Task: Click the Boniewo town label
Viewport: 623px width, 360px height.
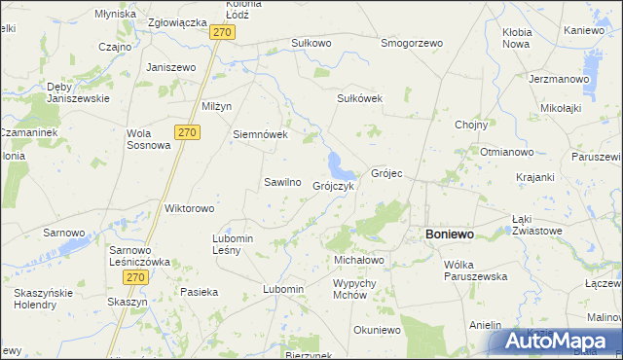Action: coord(449,234)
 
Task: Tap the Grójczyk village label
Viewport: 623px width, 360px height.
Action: coord(333,186)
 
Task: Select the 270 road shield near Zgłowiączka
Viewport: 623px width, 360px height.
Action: coord(223,32)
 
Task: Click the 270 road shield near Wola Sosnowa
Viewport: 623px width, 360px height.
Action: coord(188,131)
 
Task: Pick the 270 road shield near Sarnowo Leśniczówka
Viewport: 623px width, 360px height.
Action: coord(135,277)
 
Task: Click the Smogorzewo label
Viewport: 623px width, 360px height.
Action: coord(412,43)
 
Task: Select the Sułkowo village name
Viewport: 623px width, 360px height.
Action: coord(311,43)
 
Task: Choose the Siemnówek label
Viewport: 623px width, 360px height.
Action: coord(260,134)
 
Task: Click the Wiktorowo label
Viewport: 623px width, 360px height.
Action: coord(189,208)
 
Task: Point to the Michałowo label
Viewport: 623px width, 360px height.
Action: coord(359,261)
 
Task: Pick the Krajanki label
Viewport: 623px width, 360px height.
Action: coord(535,177)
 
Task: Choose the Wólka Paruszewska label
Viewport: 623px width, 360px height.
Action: coord(476,270)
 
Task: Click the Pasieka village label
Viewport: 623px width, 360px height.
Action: coord(200,291)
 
